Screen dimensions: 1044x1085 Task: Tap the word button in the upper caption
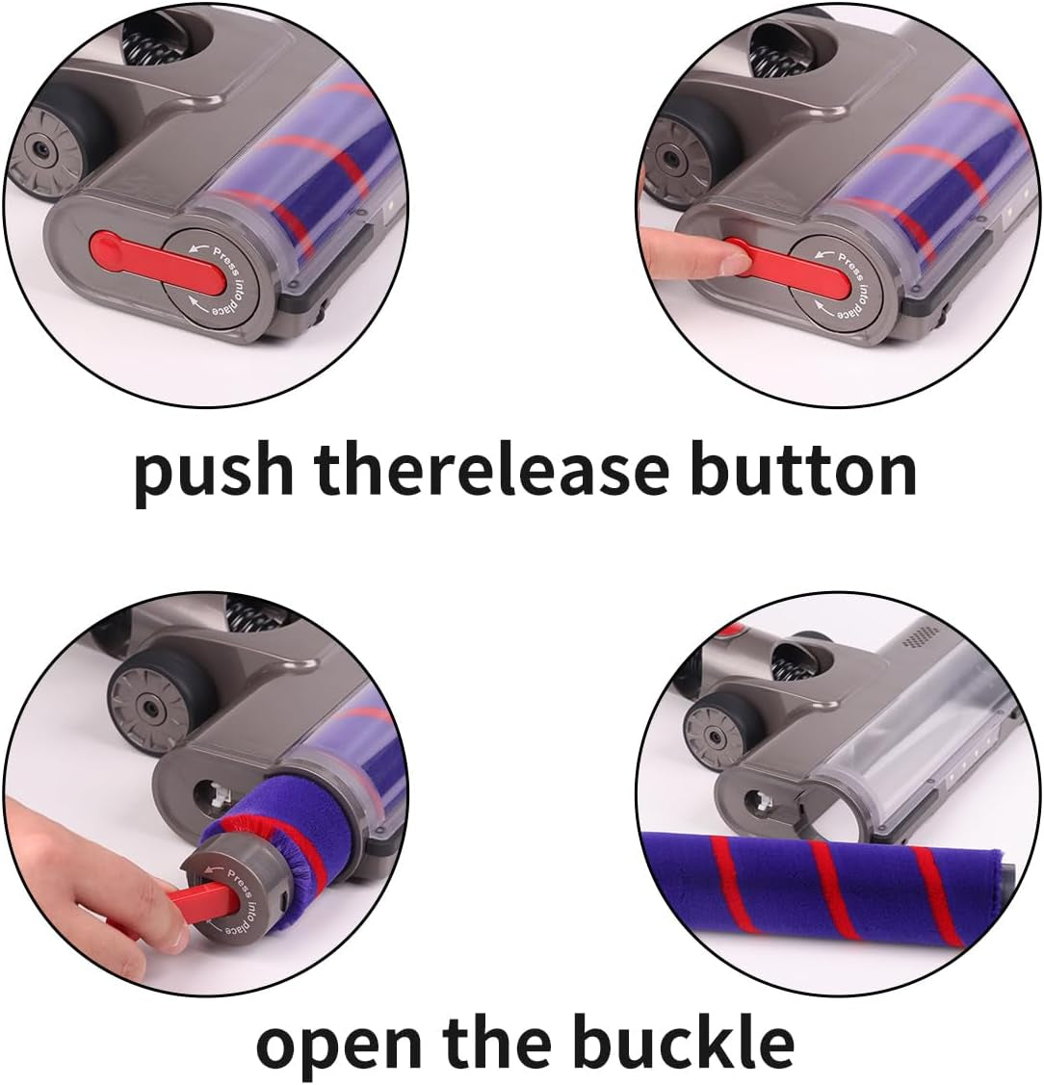803,470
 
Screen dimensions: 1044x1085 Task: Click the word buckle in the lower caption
684,1039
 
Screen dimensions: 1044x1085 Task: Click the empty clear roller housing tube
900,747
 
